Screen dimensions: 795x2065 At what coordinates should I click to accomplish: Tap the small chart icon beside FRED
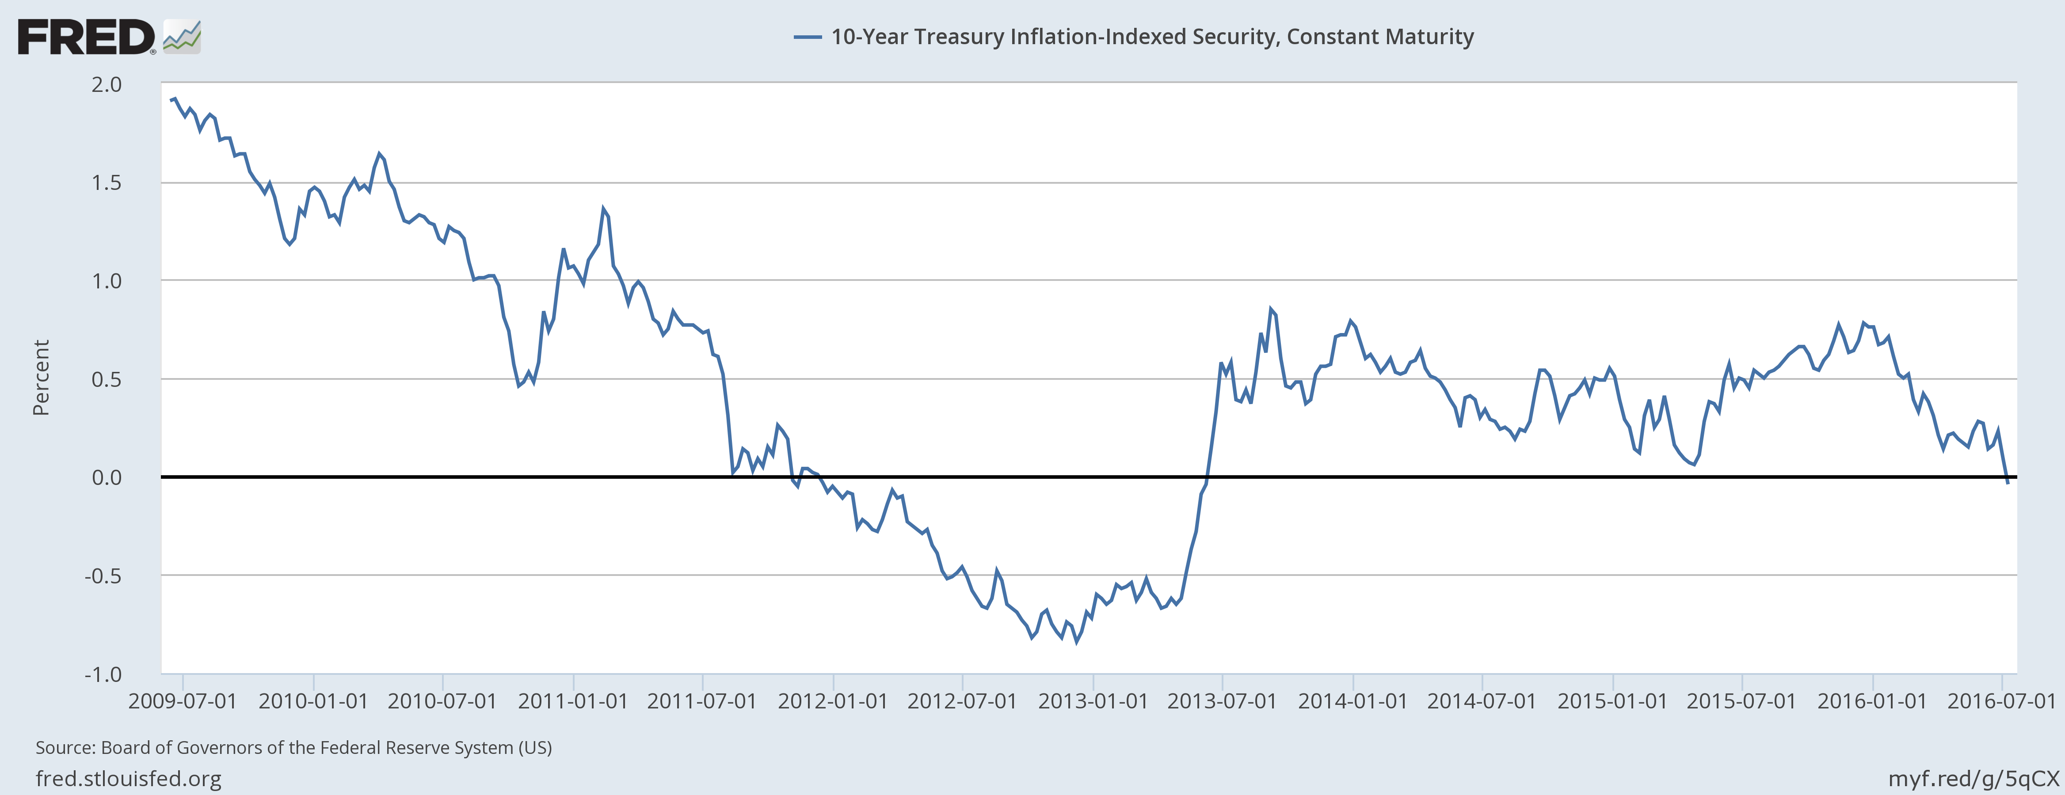tap(182, 38)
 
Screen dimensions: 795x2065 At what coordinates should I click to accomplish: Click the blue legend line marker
tap(807, 37)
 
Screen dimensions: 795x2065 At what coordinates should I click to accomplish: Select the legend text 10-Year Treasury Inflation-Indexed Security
tap(1152, 37)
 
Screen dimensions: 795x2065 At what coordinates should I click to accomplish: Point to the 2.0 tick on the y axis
tap(107, 84)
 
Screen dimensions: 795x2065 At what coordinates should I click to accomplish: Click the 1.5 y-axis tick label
tap(107, 183)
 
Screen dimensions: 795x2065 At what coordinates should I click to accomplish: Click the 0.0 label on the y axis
tap(107, 477)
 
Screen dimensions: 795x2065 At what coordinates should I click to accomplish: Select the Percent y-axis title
tap(41, 378)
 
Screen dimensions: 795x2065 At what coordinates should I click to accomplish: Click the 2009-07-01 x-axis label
tap(183, 701)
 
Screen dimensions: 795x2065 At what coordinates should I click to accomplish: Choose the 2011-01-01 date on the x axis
tap(573, 701)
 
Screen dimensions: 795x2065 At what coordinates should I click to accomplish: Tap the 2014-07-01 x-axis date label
tap(1482, 701)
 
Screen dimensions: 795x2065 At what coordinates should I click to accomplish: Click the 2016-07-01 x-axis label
tap(2002, 701)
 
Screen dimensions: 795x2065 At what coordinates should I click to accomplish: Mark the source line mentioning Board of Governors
tap(293, 748)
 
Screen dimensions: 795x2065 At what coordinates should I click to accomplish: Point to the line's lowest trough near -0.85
tap(1077, 642)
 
